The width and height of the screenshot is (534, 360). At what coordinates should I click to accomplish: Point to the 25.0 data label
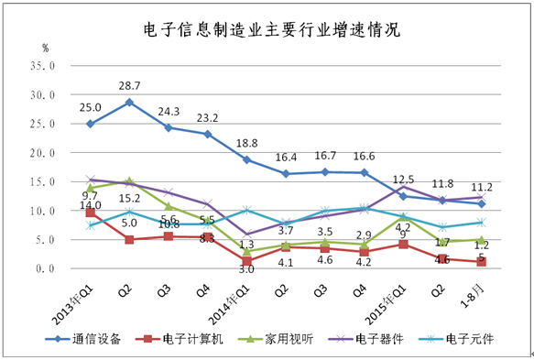90,106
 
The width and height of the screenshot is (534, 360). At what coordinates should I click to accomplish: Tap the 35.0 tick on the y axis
43,66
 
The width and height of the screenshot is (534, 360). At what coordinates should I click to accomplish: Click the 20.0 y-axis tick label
43,153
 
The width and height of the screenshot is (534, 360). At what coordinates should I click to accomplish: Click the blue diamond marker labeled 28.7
129,102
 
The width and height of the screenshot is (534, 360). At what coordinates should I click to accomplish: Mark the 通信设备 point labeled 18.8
246,159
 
